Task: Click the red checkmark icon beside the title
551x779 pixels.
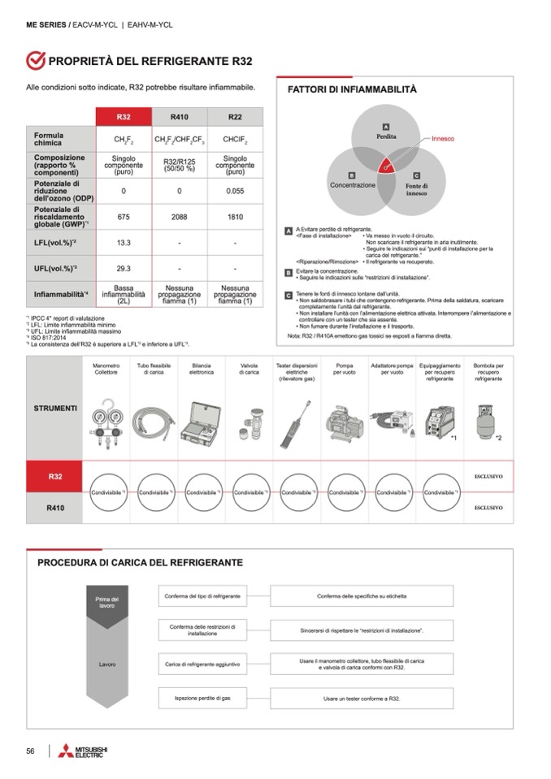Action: [35, 61]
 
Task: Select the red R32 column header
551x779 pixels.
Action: [124, 116]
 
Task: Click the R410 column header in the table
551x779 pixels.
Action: [179, 116]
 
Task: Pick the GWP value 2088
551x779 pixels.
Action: [179, 217]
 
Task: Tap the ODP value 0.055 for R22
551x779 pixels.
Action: [235, 192]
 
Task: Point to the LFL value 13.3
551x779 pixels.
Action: [124, 242]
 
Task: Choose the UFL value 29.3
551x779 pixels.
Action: [124, 268]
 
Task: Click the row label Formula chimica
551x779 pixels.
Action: [49, 138]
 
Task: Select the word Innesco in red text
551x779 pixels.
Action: [443, 138]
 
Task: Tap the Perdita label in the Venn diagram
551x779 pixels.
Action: [386, 136]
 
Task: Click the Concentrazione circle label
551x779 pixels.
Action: [353, 185]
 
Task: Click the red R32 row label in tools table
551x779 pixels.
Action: [55, 476]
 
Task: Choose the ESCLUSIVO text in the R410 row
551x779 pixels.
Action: [488, 508]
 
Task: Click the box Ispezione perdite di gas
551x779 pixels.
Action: [202, 698]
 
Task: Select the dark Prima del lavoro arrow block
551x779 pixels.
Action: [107, 606]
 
